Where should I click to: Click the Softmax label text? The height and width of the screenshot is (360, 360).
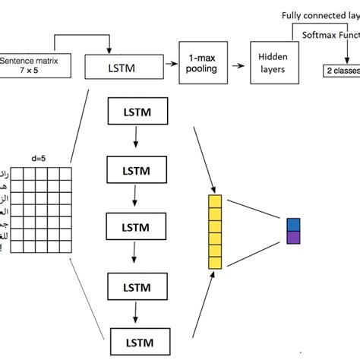tap(330, 34)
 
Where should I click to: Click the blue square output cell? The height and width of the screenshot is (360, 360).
tap(294, 225)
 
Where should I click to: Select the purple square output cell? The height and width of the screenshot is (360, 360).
tap(294, 238)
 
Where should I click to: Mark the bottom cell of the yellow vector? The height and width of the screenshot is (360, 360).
tap(213, 261)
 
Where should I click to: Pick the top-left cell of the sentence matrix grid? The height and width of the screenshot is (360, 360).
tap(20, 171)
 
